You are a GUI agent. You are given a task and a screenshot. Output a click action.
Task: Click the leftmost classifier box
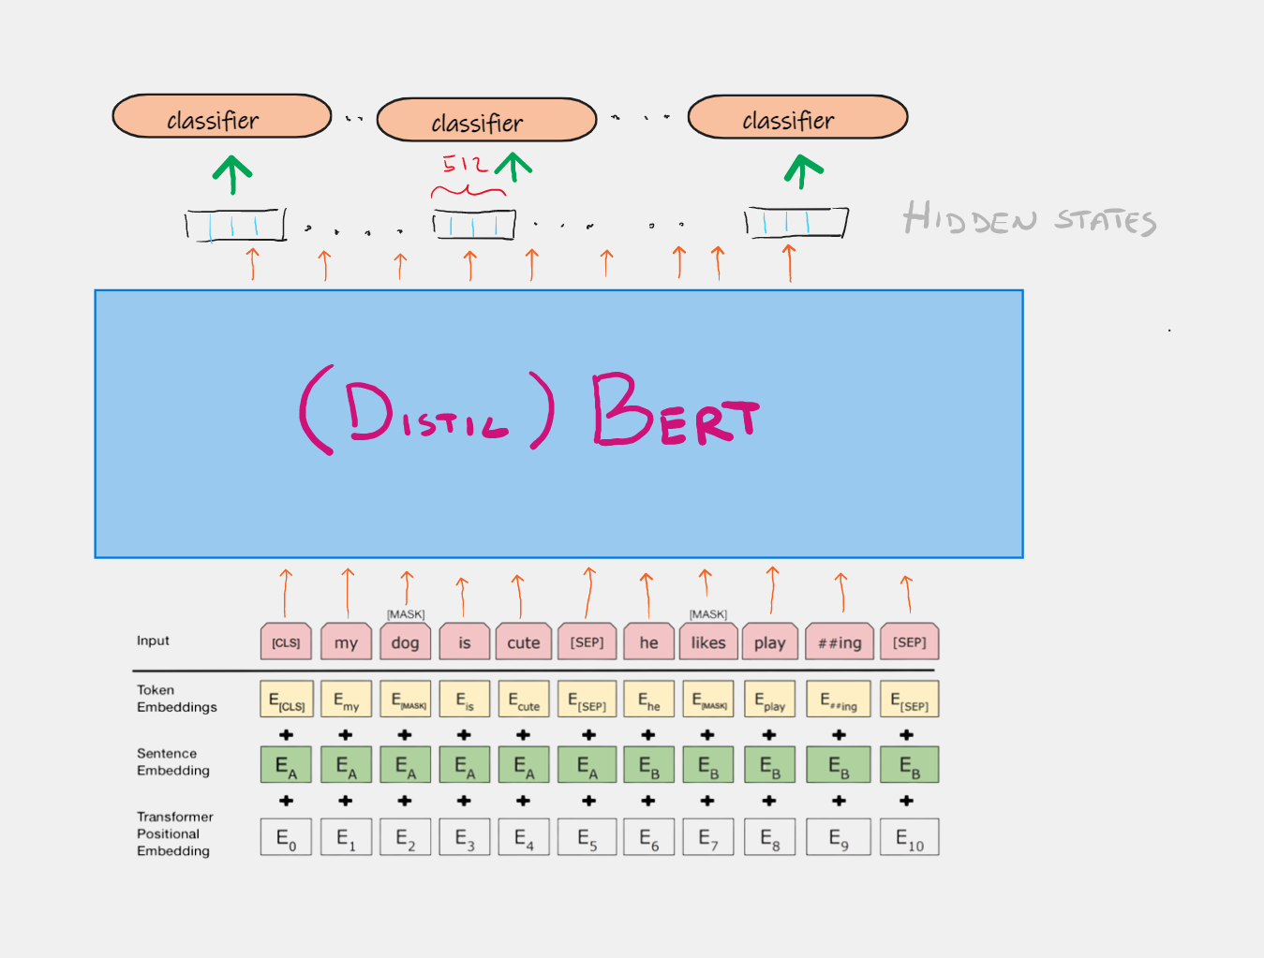click(x=222, y=117)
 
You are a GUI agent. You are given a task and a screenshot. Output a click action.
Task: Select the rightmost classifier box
click(x=797, y=117)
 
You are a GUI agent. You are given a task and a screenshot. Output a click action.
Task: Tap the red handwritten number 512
click(x=466, y=165)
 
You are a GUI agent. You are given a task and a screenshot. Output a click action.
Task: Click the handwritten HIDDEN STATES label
click(x=1029, y=219)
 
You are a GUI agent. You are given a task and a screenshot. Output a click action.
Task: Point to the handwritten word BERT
click(x=674, y=411)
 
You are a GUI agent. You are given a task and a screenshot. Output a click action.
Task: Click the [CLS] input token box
click(x=286, y=642)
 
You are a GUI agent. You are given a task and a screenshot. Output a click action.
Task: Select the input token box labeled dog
click(x=405, y=642)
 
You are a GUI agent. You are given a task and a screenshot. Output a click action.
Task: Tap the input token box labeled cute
click(x=523, y=642)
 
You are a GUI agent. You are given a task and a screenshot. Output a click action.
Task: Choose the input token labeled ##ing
click(x=839, y=642)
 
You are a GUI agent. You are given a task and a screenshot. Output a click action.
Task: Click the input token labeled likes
click(x=707, y=642)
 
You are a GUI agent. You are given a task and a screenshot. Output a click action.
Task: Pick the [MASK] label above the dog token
click(x=406, y=614)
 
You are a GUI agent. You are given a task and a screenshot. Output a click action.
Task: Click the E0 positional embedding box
click(x=286, y=837)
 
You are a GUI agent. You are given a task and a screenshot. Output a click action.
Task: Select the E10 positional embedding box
click(x=909, y=837)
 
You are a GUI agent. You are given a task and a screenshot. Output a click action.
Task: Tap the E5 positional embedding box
click(x=587, y=837)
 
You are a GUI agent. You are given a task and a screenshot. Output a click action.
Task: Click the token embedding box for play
click(x=769, y=700)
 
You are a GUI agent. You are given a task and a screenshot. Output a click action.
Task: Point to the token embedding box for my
click(x=346, y=700)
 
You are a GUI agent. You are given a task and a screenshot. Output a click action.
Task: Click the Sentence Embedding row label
click(x=173, y=762)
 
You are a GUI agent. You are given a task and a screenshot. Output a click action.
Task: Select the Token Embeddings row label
click(x=176, y=699)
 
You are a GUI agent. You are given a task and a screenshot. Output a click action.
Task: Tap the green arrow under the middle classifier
click(x=513, y=169)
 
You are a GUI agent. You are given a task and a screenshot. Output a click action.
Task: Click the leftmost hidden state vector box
click(x=234, y=226)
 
